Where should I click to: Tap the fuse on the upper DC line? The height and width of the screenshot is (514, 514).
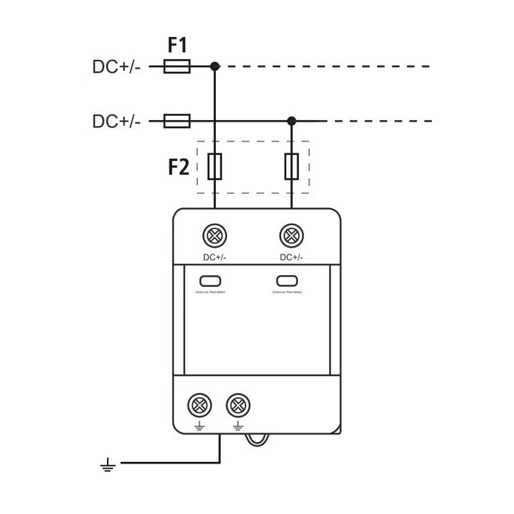[x=176, y=65]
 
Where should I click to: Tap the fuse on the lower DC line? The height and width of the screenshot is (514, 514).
[x=176, y=121]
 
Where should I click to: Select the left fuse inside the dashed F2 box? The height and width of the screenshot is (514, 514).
[x=215, y=166]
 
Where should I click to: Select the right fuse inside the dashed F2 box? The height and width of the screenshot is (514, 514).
[x=291, y=166]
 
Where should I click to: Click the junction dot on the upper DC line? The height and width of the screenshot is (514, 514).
[x=215, y=65]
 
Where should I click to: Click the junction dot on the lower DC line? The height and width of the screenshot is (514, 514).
[x=291, y=121]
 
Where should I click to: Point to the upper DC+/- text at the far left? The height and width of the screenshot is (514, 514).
[x=116, y=65]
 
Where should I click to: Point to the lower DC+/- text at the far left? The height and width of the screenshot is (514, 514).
[x=116, y=121]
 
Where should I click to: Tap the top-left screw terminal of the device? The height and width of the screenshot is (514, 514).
[x=215, y=235]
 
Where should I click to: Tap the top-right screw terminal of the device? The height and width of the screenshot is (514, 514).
[x=291, y=235]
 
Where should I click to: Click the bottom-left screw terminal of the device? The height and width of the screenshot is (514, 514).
[x=200, y=403]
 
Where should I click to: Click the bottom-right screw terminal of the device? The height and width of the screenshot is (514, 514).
[x=237, y=403]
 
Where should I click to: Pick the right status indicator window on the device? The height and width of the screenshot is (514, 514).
[x=287, y=281]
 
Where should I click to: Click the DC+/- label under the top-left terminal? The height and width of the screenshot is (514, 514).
[x=214, y=257]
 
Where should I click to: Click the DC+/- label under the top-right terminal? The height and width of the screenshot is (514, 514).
[x=291, y=257]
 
